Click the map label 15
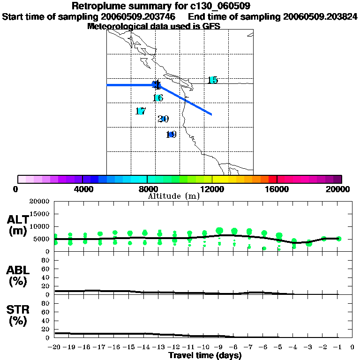(213, 80)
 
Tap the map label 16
(158, 98)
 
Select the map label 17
(141, 112)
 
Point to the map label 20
(163, 119)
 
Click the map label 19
(171, 135)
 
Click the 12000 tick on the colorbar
(212, 179)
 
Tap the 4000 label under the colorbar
(82, 189)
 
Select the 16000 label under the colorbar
(277, 189)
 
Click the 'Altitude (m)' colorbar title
(174, 196)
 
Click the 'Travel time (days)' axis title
(205, 355)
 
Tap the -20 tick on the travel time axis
(55, 347)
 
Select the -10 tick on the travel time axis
(204, 347)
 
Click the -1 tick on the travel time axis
(338, 347)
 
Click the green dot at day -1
(339, 239)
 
